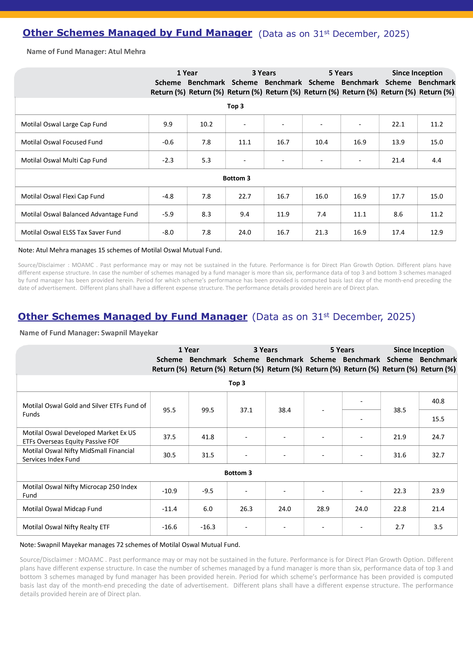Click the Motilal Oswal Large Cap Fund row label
64,124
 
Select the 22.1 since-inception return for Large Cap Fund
398,124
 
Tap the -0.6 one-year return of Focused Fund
168,142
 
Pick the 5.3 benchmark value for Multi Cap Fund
206,160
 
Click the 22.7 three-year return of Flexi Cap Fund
245,196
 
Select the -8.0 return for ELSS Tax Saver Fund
168,232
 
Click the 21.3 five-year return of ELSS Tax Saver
322,232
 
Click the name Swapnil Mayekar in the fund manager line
129,333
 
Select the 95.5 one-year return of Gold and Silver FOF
169,410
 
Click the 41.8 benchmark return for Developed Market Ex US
208,437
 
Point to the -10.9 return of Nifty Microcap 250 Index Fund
169,491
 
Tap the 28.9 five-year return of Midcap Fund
323,509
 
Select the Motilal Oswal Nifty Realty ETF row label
66,527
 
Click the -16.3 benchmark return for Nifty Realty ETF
208,527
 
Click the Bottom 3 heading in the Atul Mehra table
236,178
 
